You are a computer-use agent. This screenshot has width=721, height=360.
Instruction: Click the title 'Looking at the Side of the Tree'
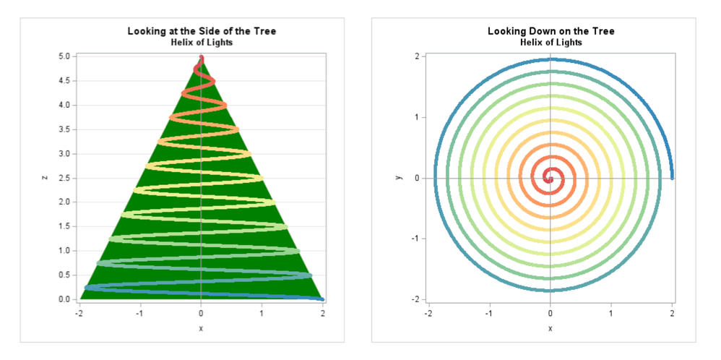[202, 31]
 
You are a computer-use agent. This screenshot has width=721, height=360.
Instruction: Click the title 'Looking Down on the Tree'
[551, 31]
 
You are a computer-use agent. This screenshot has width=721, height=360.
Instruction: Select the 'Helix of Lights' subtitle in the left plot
[202, 43]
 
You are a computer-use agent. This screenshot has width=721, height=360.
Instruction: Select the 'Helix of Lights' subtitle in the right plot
[551, 43]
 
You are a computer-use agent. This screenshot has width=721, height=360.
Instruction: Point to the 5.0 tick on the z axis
[64, 56]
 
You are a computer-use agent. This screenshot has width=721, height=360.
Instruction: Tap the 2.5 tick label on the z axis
[64, 178]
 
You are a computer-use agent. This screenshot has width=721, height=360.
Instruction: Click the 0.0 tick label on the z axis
[64, 299]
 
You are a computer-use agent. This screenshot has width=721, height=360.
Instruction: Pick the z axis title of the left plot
[45, 178]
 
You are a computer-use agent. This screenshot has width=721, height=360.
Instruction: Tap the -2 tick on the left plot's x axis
[79, 314]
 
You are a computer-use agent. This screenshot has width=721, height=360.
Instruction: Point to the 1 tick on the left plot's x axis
[262, 314]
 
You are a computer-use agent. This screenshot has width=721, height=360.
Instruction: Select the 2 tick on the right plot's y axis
[418, 56]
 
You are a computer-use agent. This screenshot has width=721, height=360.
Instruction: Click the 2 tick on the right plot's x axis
[673, 314]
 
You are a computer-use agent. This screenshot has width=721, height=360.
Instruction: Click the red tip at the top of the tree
[202, 58]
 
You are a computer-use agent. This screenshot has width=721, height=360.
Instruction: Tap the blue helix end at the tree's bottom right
[321, 299]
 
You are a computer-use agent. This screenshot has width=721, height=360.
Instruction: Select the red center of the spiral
[551, 179]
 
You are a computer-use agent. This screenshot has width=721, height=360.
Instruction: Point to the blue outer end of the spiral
[672, 176]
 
